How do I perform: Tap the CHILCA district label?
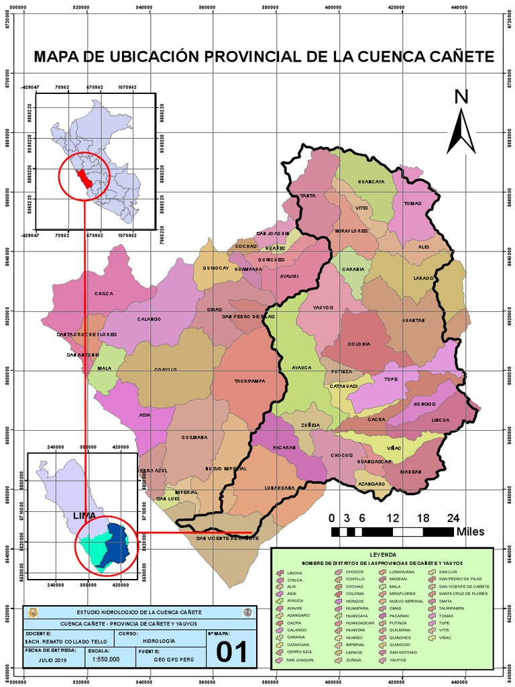(x=104, y=294)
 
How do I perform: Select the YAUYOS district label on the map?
(x=323, y=307)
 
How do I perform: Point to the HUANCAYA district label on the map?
(x=371, y=182)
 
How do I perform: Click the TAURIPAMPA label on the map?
(x=250, y=381)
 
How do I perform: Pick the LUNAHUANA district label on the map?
(x=280, y=488)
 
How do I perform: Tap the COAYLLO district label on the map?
(x=165, y=368)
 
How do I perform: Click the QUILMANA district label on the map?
(x=195, y=437)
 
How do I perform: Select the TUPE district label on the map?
(x=391, y=379)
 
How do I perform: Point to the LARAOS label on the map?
(x=424, y=278)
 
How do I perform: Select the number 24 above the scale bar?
(x=453, y=518)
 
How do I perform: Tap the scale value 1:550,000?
(x=106, y=659)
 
